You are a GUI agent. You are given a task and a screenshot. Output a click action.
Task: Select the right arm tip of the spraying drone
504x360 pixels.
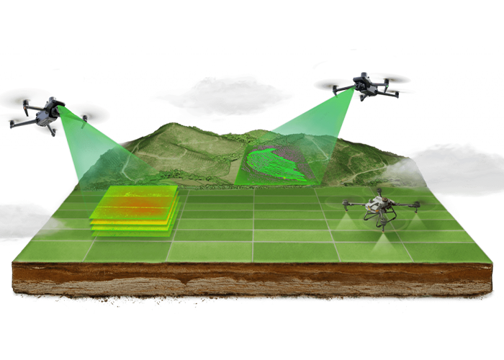418,204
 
